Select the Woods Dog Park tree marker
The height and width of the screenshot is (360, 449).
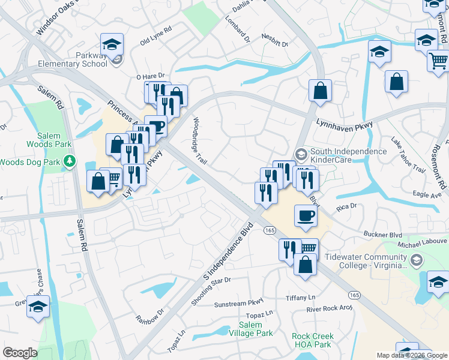click(x=70, y=161)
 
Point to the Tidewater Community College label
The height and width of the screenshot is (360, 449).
click(x=366, y=260)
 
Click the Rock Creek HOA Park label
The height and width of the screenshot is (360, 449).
click(x=312, y=341)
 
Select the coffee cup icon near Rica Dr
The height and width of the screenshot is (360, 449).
click(x=306, y=215)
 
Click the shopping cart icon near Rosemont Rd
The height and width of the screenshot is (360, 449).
click(x=439, y=61)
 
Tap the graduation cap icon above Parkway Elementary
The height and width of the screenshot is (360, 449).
click(x=112, y=44)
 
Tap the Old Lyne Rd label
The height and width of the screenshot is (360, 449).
click(x=155, y=36)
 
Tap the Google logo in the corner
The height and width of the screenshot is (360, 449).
click(x=20, y=353)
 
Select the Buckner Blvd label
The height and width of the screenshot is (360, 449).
click(x=382, y=233)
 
